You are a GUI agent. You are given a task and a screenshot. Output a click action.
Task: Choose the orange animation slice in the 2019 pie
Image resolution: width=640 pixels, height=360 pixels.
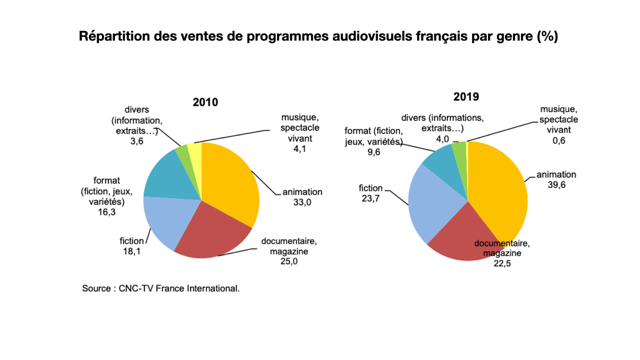coord(500,190)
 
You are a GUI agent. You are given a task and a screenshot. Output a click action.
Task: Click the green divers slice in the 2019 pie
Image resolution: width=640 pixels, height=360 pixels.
coord(459,150)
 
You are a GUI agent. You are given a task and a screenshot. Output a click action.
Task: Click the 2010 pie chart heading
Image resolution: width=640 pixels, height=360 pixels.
coord(205,102)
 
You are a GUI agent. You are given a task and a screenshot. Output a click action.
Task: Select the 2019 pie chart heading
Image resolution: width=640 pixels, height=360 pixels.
coord(466,96)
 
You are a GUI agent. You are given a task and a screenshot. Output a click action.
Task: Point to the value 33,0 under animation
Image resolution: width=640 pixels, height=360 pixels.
coord(302,202)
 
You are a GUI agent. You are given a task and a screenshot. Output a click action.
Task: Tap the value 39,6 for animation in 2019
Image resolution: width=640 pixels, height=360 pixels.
coord(556,185)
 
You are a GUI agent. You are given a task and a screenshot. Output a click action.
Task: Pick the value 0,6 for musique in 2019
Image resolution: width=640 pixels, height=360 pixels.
coord(558,140)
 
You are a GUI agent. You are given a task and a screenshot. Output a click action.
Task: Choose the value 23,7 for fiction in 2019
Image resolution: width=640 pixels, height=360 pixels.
coord(370,198)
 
